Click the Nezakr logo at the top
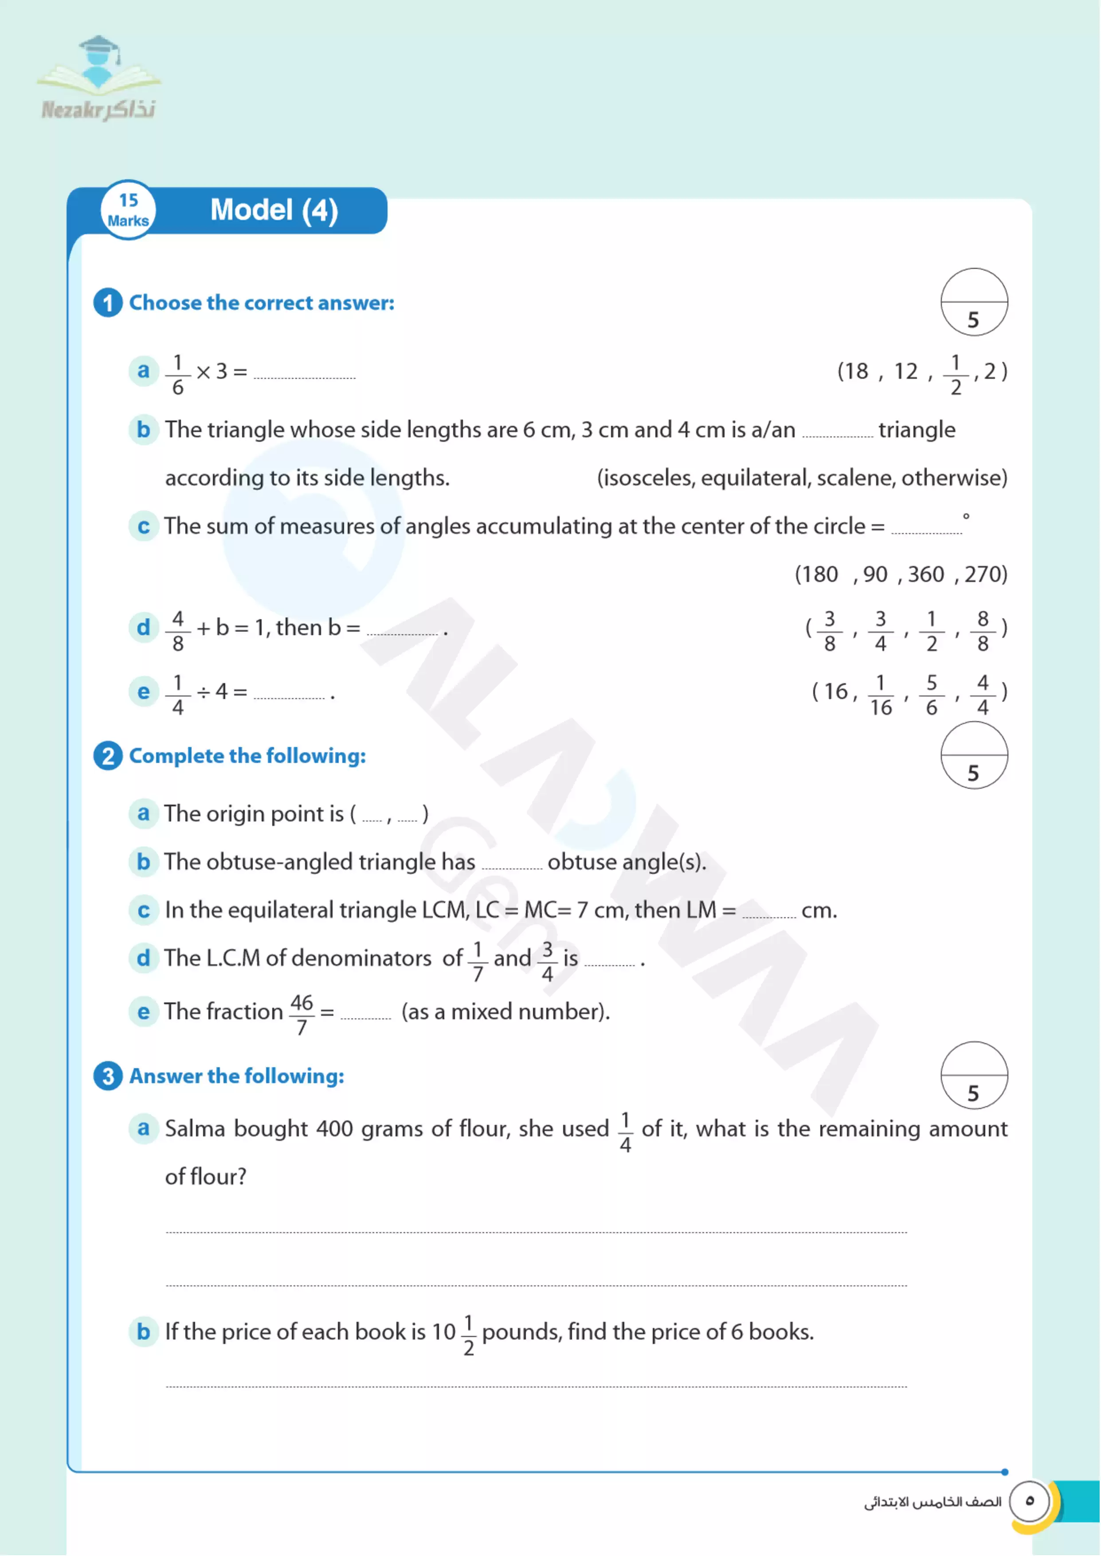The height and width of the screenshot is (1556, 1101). [99, 79]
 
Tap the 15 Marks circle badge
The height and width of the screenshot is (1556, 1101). [128, 210]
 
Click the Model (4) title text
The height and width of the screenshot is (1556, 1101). [274, 210]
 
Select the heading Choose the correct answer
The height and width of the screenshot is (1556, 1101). [262, 303]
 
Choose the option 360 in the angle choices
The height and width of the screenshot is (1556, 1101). [925, 574]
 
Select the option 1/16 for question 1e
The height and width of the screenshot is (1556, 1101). [881, 694]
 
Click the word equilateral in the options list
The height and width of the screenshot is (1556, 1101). [755, 478]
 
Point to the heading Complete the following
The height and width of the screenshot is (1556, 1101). [247, 755]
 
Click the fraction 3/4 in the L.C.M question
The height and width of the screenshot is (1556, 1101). [547, 961]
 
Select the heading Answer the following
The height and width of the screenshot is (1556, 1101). [237, 1076]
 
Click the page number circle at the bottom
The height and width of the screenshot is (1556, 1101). [1029, 1501]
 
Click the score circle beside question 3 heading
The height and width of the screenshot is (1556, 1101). [974, 1076]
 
